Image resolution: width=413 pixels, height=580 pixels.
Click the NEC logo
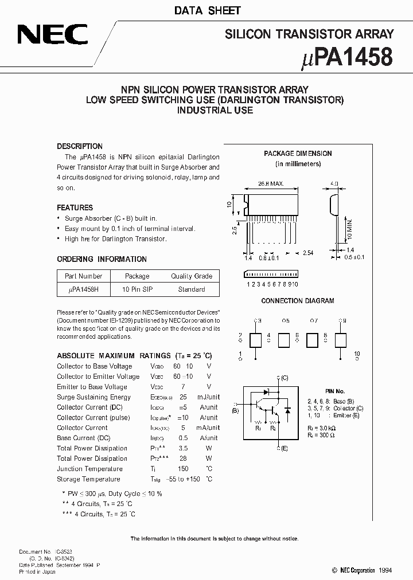pyautogui.click(x=52, y=36)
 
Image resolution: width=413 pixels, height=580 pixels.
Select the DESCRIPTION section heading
pyautogui.click(x=80, y=146)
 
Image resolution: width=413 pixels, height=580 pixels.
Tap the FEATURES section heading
pyautogui.click(x=75, y=207)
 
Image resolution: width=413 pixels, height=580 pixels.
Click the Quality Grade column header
pyautogui.click(x=191, y=276)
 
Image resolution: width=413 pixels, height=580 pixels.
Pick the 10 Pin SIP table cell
pyautogui.click(x=137, y=289)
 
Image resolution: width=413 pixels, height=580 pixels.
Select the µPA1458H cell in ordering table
pyautogui.click(x=83, y=289)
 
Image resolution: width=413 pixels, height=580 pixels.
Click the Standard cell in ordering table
pyautogui.click(x=191, y=289)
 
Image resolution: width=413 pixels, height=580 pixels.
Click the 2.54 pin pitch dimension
pyautogui.click(x=307, y=252)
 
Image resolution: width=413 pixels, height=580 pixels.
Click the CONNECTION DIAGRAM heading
pyautogui.click(x=298, y=301)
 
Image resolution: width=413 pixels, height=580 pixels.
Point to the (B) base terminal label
pyautogui.click(x=235, y=410)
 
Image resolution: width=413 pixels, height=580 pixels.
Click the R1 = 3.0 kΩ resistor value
pyautogui.click(x=334, y=428)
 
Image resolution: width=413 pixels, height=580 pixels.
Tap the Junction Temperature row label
pyautogui.click(x=88, y=469)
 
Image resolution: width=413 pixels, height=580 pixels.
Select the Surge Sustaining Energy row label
pyautogui.click(x=93, y=397)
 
